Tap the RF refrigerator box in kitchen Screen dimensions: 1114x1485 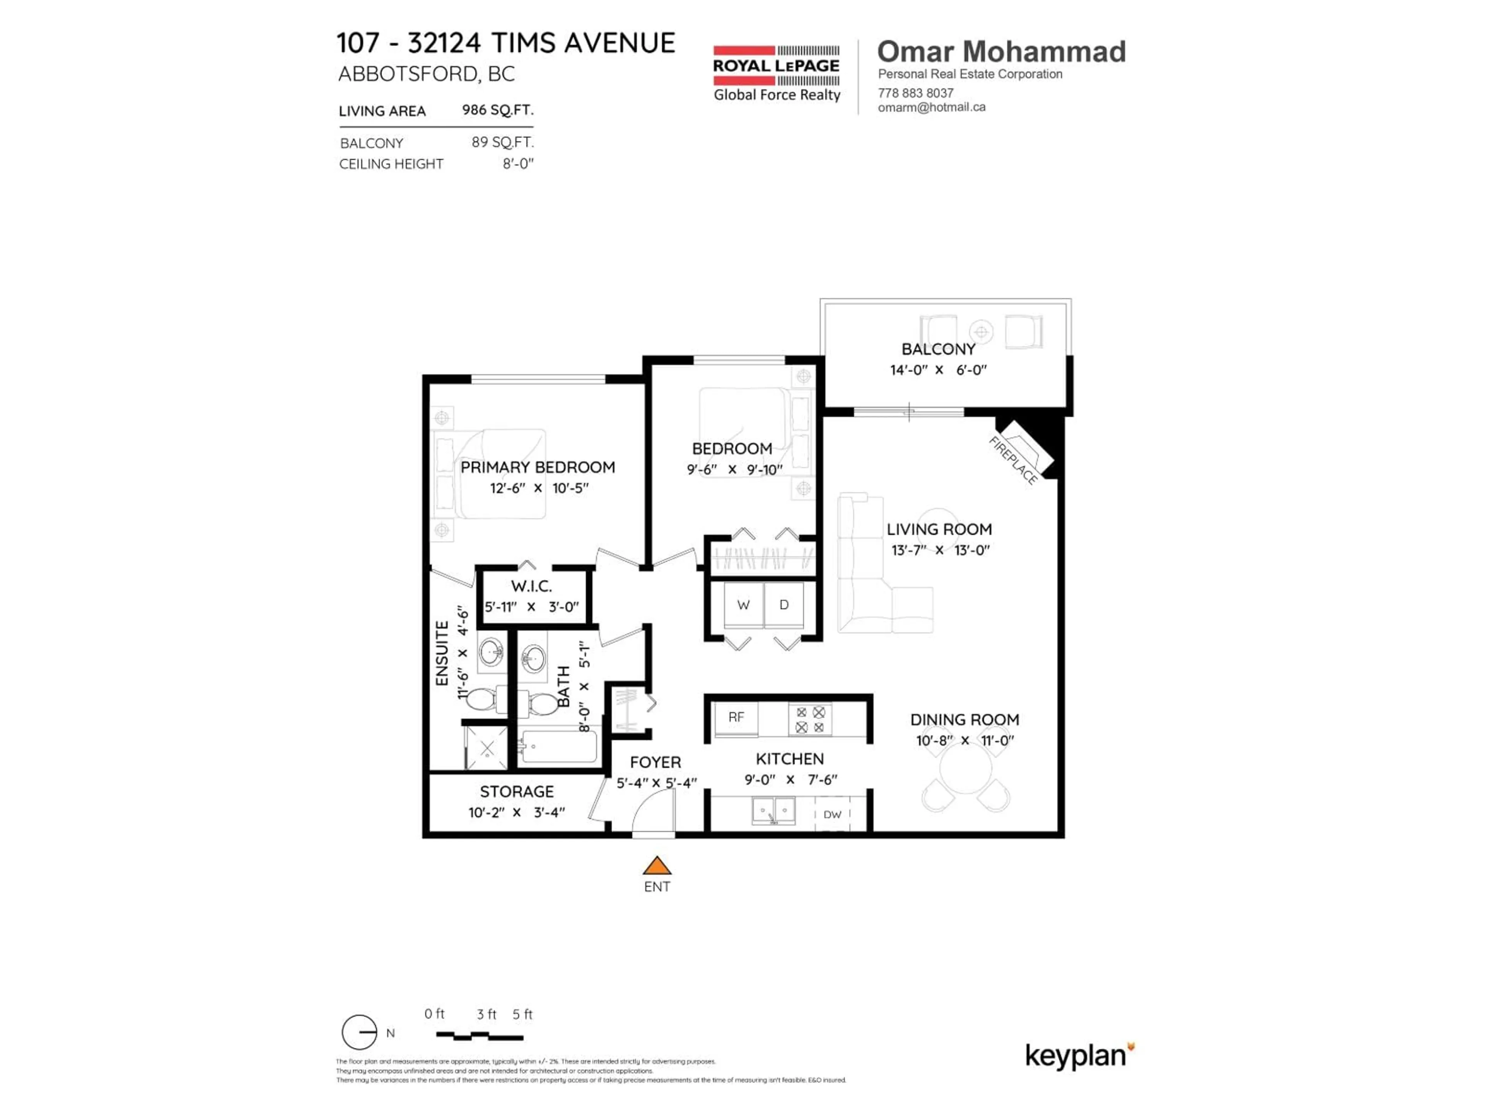[736, 718]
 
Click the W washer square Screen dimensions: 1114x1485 [743, 605]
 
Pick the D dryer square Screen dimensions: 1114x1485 [783, 605]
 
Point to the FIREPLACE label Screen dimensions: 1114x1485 [1014, 460]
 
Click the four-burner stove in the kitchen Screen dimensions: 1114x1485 [810, 719]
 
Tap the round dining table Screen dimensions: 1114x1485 [965, 769]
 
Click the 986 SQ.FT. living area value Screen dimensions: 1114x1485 [497, 109]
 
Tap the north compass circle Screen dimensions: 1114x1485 [359, 1032]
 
